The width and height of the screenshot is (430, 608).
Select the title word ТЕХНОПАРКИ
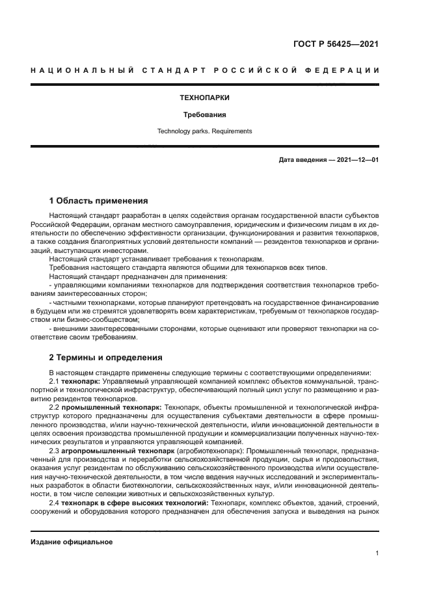pos(204,98)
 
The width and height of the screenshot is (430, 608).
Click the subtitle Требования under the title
pos(204,114)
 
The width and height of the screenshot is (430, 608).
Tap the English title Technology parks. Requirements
pos(204,131)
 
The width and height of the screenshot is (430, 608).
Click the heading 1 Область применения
pos(99,200)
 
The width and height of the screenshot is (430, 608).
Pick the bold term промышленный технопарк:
pos(112,406)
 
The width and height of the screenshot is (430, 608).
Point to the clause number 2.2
pos(55,406)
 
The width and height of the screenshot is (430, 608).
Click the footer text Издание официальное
pos(72,542)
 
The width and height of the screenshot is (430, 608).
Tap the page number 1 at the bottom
pos(377,553)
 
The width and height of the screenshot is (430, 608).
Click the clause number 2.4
pos(55,503)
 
